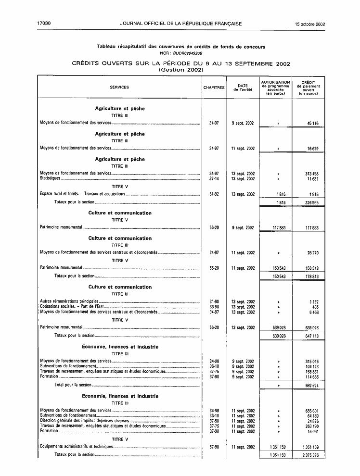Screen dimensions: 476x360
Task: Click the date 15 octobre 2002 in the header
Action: tap(310, 24)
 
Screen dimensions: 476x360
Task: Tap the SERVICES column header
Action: tap(119, 88)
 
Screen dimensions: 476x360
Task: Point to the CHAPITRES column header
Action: tap(214, 88)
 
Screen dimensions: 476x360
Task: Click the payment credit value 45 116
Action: tap(312, 124)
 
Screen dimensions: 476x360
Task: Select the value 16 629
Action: tap(312, 149)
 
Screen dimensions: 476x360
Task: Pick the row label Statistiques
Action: tap(50, 179)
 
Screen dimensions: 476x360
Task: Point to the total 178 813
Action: tap(311, 276)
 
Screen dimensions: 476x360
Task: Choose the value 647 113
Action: tap(311, 336)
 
